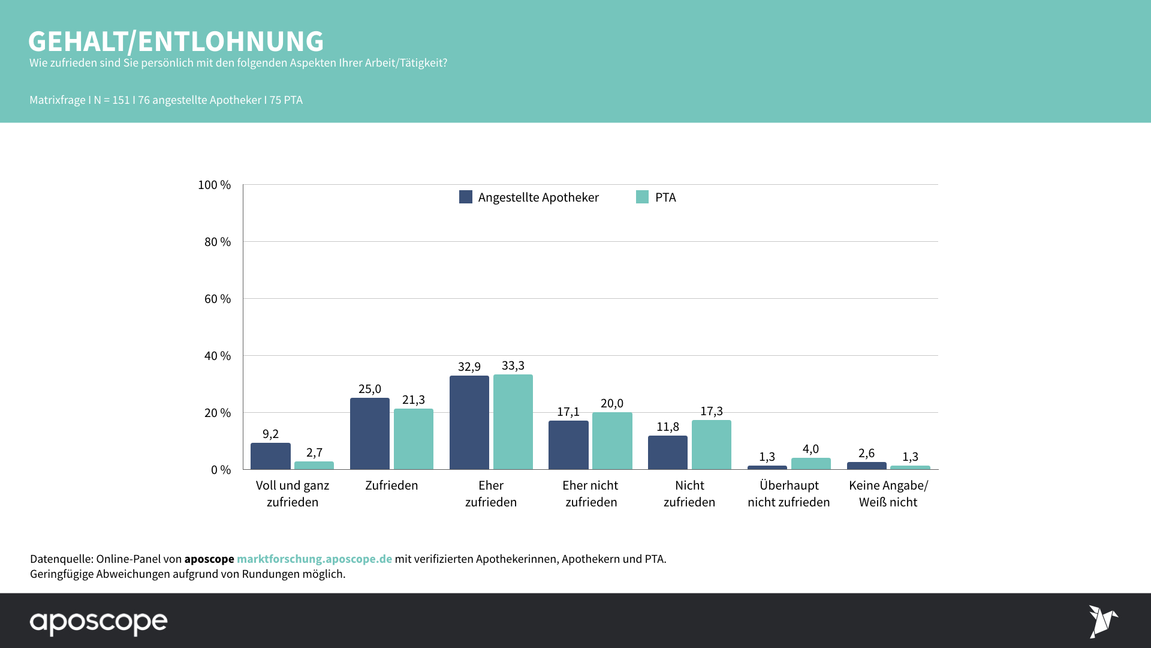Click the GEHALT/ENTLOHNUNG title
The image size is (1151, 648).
(x=176, y=41)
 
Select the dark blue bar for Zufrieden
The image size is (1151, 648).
(x=369, y=433)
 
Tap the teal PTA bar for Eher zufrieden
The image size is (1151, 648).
(x=513, y=422)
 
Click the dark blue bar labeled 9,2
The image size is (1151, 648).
(x=270, y=456)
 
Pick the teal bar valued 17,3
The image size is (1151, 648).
(x=711, y=445)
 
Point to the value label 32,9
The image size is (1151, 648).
(x=469, y=367)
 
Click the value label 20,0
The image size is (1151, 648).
(x=612, y=403)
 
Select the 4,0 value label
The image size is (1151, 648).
(x=810, y=449)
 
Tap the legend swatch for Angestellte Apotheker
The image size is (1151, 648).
(x=466, y=197)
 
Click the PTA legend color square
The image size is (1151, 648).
(x=642, y=197)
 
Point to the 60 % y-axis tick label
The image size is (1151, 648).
(x=218, y=299)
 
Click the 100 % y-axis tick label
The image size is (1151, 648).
(x=215, y=185)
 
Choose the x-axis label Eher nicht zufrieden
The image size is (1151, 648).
(x=590, y=494)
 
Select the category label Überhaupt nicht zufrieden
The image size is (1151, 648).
(x=789, y=494)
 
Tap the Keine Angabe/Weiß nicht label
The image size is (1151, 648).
(x=888, y=494)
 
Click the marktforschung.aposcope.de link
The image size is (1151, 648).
(x=314, y=559)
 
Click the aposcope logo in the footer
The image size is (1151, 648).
(x=99, y=622)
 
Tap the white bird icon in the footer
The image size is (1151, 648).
(x=1102, y=622)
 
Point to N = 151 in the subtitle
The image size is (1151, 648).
(x=112, y=100)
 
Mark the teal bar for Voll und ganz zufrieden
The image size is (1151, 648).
(x=314, y=466)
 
